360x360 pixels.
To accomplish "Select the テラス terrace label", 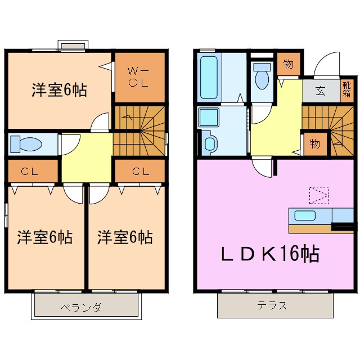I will (272, 306).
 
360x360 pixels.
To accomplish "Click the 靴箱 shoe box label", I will (347, 91).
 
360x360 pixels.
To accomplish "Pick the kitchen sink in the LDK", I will (303, 215).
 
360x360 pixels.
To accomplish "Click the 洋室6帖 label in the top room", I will (59, 90).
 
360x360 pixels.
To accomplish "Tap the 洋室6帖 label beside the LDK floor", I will (124, 237).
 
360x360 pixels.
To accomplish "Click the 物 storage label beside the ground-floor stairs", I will (314, 143).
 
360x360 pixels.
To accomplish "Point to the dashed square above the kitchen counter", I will (318, 195).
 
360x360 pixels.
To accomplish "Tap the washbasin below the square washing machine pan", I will (209, 143).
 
